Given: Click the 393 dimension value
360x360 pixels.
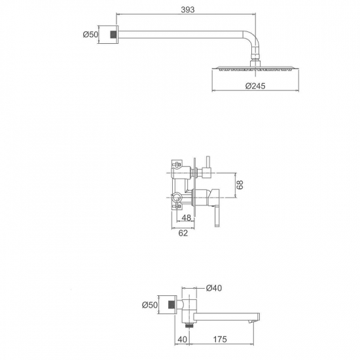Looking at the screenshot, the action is pos(188,10).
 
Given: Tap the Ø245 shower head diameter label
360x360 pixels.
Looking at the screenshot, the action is pos(255,86).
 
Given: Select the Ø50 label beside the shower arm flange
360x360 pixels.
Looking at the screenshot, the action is pos(90,35).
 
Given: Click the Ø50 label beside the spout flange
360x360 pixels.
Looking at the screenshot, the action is pos(150,305).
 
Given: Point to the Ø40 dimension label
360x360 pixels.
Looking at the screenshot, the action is pos(214,288).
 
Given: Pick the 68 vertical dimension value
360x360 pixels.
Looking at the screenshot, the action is pos(240,185).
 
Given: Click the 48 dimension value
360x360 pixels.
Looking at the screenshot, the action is pos(186,218).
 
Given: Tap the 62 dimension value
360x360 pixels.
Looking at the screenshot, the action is pos(183,233).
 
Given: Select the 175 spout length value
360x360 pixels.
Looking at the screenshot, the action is pos(220,339).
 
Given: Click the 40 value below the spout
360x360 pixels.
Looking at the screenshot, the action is pos(183,339).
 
